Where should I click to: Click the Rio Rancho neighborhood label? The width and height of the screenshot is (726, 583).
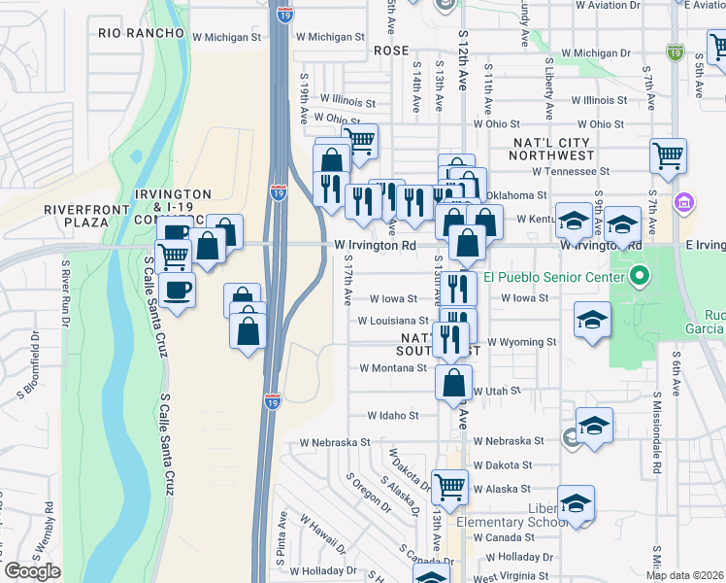pos(141,33)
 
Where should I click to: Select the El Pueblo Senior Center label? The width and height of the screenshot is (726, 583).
pos(560,277)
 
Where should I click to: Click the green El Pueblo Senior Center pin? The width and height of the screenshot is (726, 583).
pos(639,277)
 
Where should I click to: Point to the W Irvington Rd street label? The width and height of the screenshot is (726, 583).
pos(375,246)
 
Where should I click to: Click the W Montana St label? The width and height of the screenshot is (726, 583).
pos(393,368)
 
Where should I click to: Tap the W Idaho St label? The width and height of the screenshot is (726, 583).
pos(392,415)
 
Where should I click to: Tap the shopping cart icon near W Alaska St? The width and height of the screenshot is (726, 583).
pos(449,485)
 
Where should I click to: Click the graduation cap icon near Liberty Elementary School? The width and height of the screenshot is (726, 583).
pos(576,502)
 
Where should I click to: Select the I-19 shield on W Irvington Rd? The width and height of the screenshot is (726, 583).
pos(279,192)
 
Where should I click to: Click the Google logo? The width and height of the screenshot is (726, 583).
pos(32,571)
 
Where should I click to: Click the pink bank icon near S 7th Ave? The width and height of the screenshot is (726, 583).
pos(685,204)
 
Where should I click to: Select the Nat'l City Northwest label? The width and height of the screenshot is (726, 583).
pos(553,149)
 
